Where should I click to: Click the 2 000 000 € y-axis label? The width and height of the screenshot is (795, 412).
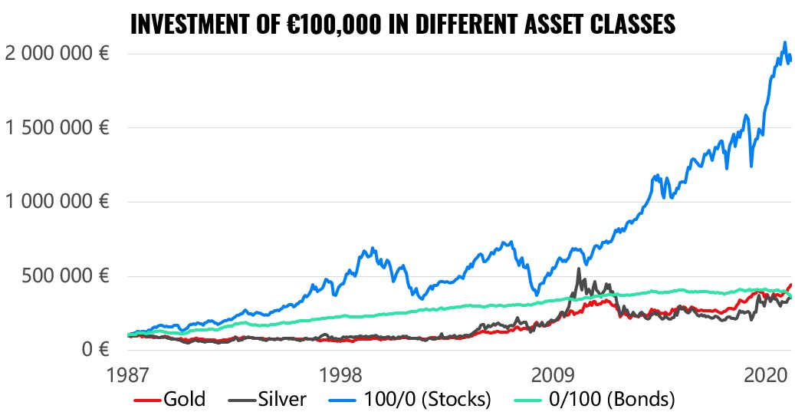[54, 54]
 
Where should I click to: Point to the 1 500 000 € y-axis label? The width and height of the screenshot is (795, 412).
[54, 127]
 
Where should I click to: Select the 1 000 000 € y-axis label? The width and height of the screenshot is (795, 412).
[54, 202]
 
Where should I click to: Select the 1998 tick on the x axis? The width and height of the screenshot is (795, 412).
[340, 376]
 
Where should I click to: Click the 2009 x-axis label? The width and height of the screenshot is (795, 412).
[553, 376]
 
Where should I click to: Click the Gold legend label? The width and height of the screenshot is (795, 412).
[185, 399]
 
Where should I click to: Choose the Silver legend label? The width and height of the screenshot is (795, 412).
[281, 399]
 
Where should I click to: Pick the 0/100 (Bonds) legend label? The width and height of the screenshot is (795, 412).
[612, 399]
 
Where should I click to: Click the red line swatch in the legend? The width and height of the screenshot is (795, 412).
[147, 400]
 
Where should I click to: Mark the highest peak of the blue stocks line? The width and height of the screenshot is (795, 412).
[784, 42]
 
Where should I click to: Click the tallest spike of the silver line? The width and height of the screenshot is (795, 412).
[579, 269]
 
